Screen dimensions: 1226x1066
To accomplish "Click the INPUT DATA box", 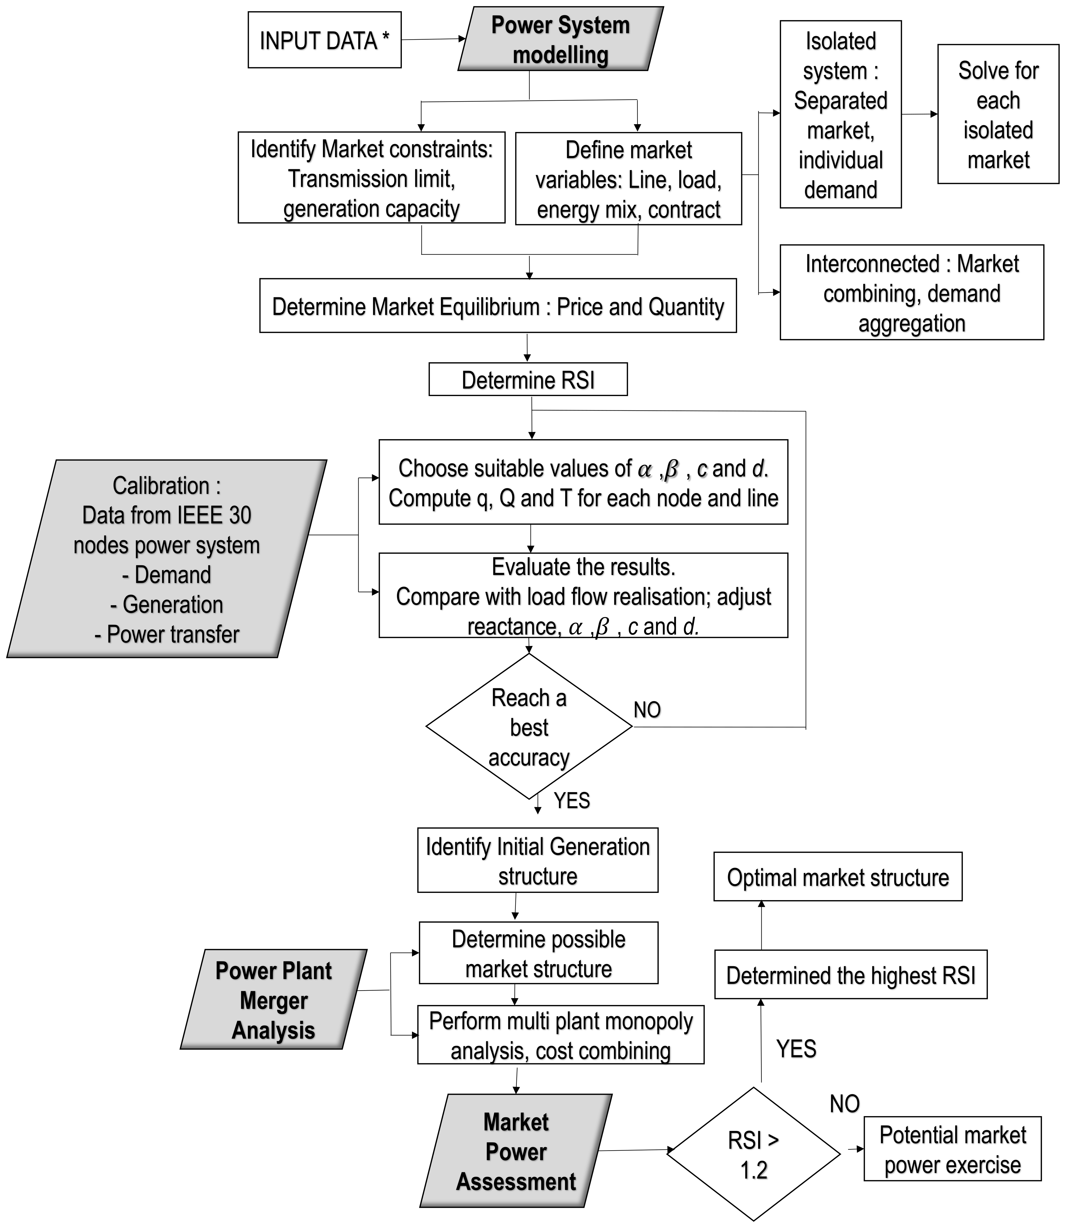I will coord(324,40).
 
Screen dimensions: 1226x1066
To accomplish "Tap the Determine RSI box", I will coord(528,380).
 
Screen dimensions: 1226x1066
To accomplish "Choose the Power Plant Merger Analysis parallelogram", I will coord(274,999).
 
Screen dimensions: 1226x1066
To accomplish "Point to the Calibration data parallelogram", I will coord(167,559).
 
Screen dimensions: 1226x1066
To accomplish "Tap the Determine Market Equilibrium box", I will coord(498,306).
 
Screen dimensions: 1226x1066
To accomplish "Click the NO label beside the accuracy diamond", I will coord(647,710).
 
